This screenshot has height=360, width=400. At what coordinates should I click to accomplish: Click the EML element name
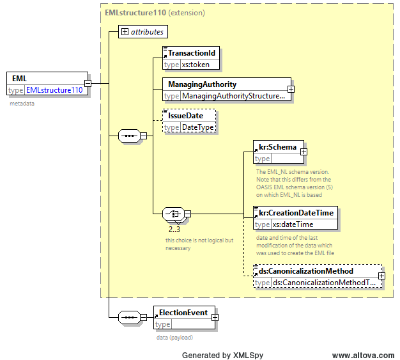point(19,79)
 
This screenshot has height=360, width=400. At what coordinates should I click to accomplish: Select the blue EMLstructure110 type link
point(54,90)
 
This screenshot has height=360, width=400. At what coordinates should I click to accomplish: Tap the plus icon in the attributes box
point(125,32)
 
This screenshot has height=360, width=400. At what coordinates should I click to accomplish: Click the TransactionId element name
point(192,53)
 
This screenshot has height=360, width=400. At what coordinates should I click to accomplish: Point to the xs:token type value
point(196,65)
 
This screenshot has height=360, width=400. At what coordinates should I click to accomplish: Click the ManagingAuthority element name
point(203,84)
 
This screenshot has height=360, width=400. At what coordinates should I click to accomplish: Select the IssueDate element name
point(185,116)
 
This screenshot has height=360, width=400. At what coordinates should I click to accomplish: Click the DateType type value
point(197,127)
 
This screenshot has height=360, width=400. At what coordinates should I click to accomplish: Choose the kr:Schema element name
point(277,147)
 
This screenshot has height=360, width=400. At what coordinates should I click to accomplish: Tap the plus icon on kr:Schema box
point(304,152)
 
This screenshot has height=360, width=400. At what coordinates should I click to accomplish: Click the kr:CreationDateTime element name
point(296,213)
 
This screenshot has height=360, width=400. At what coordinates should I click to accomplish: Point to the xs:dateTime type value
point(293,224)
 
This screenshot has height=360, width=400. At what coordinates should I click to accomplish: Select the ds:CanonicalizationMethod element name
point(306,271)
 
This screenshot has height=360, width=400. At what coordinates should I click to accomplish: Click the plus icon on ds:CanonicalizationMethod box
point(381,276)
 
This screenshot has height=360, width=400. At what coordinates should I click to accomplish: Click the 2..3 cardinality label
point(174,230)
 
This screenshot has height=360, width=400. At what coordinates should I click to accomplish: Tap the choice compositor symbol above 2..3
point(173,214)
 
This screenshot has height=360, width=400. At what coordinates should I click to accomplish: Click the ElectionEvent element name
point(183,313)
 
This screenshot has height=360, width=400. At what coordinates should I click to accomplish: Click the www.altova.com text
point(364,355)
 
